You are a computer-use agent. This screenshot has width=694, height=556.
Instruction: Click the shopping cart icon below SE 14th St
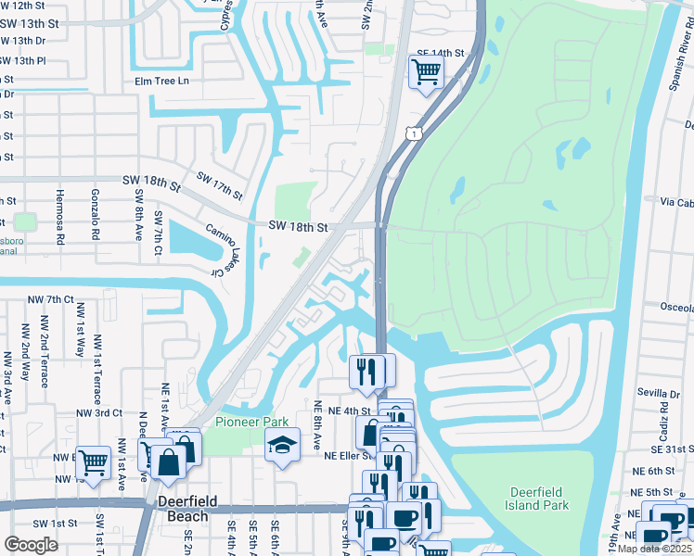[425, 71]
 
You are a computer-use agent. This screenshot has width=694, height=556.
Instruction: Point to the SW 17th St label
[219, 184]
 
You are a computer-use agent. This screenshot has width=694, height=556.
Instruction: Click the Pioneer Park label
[246, 422]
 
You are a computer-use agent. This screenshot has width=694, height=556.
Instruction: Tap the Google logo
[31, 544]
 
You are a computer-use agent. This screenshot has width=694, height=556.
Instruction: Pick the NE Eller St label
[347, 456]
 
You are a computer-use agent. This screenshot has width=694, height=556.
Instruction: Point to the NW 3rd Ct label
[99, 412]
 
